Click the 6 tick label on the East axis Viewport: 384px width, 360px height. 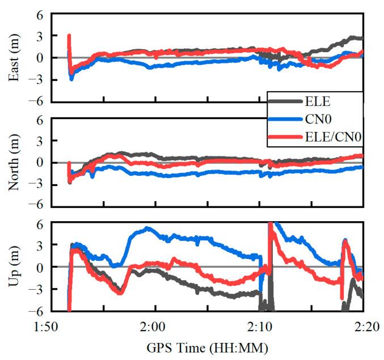(x=40, y=14)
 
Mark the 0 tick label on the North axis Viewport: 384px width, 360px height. (x=40, y=163)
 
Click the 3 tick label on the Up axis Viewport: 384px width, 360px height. (x=40, y=245)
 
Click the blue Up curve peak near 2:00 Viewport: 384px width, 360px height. (x=147, y=228)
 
